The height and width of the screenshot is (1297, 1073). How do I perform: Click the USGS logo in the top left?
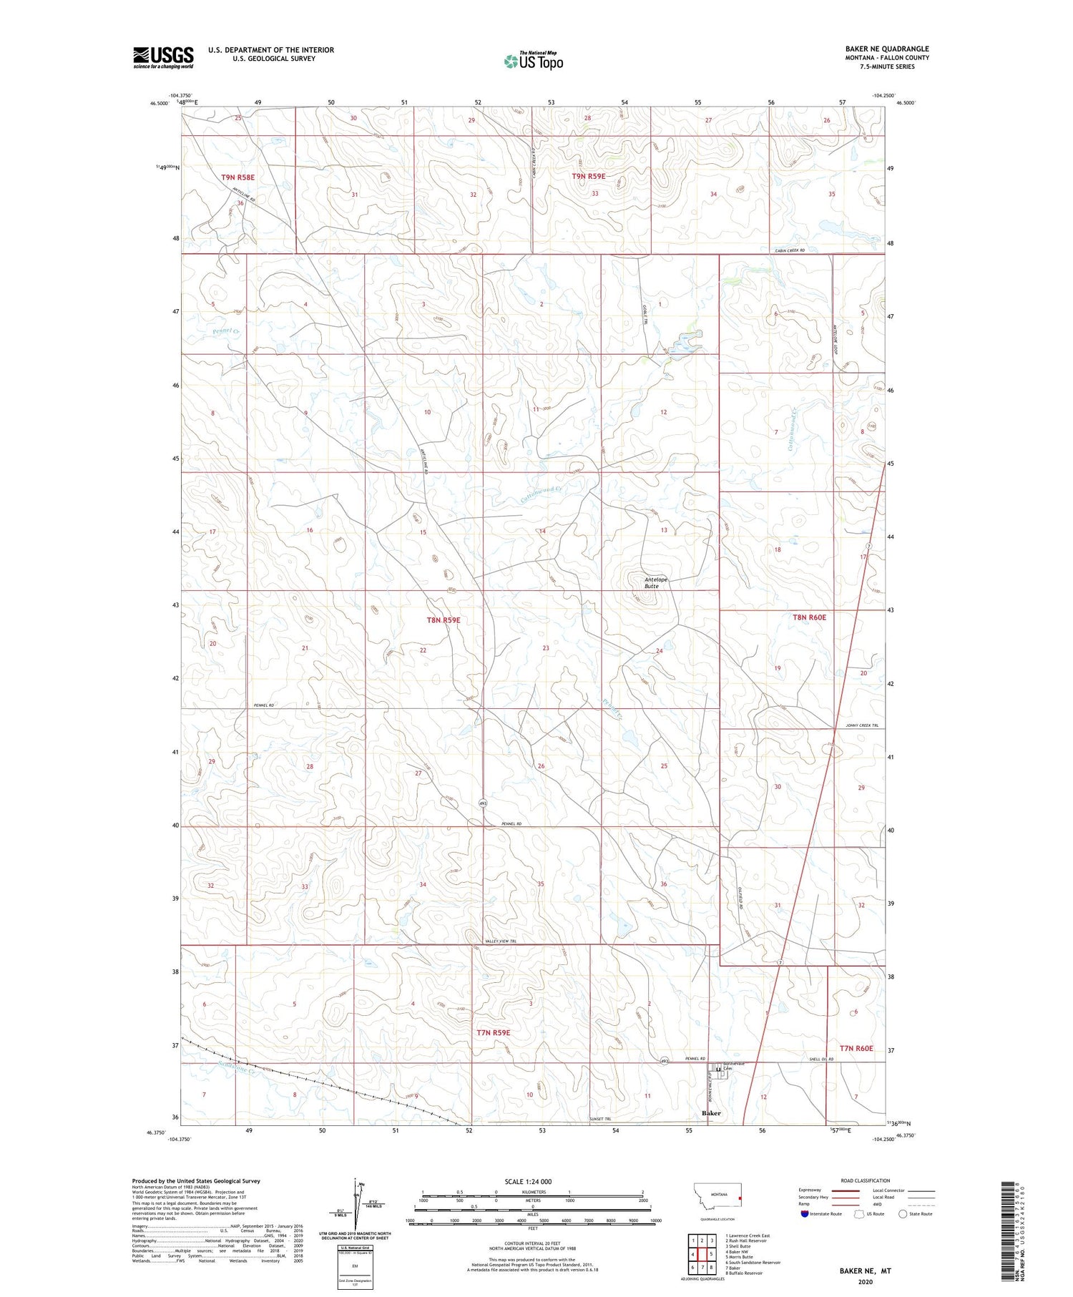click(x=163, y=57)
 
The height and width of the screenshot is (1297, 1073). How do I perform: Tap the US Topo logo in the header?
click(x=534, y=61)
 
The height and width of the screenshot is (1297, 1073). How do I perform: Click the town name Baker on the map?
click(x=711, y=1114)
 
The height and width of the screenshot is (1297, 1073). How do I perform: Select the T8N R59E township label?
click(x=444, y=620)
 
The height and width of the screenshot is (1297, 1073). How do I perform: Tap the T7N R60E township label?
click(x=856, y=1048)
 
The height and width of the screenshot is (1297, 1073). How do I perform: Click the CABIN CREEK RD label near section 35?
click(x=790, y=250)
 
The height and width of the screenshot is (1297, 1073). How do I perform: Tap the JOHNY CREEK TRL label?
click(x=861, y=726)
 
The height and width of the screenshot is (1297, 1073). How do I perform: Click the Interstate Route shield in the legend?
click(x=805, y=1213)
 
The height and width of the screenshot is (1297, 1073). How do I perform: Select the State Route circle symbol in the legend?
click(x=903, y=1213)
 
